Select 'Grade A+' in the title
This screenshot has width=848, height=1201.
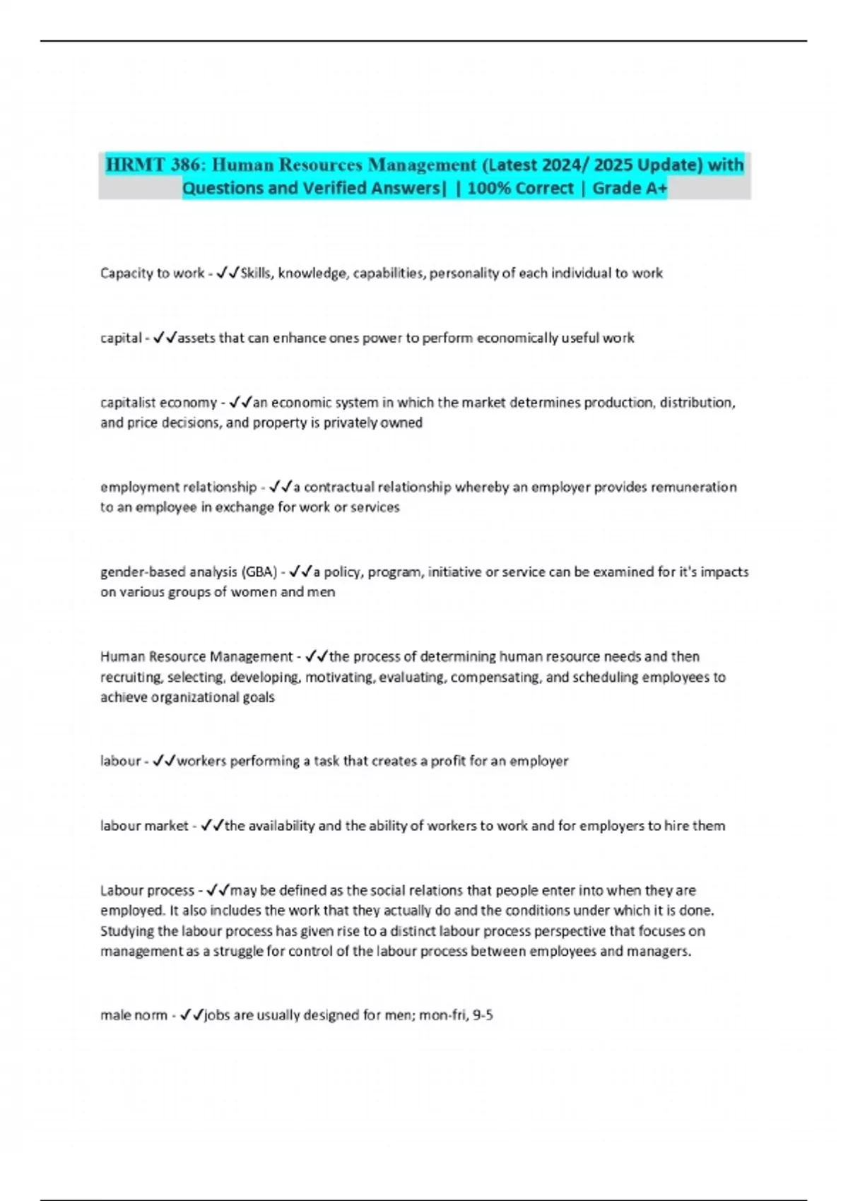coord(630,188)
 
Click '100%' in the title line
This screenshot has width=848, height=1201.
coord(490,188)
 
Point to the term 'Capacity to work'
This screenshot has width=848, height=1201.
coord(152,273)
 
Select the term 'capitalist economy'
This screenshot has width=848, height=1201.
coord(158,403)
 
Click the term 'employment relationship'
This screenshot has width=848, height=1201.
coord(178,487)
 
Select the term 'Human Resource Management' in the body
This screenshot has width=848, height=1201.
coord(196,657)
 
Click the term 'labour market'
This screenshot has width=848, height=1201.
coord(144,826)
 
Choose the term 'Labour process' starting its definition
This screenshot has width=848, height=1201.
coord(147,891)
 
